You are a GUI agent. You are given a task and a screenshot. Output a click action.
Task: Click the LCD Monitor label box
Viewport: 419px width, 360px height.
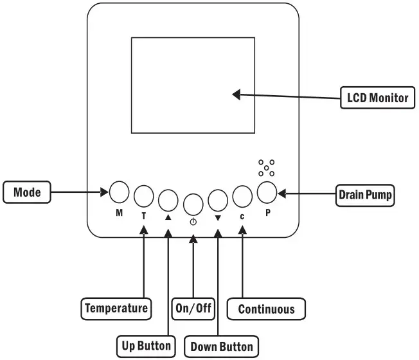pos(378,98)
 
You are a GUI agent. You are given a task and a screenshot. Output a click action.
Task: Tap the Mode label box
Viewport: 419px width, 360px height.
pos(27,192)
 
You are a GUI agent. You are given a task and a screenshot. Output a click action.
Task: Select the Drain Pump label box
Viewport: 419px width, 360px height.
pos(365,195)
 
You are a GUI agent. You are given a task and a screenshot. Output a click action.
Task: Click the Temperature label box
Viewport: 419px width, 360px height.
pos(116,309)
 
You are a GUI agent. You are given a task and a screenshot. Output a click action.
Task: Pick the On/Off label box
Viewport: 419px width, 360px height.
pos(193,309)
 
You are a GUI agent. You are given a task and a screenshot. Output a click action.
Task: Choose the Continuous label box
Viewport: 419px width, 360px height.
pos(266,309)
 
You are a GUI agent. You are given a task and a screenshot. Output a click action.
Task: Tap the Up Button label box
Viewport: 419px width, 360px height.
pos(146,346)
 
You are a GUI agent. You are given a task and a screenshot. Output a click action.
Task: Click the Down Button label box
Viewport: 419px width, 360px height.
pos(222,346)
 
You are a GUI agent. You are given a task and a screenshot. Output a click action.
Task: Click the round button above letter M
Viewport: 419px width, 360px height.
pos(119,192)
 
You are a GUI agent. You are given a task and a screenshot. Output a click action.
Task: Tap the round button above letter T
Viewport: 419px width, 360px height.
pos(144,196)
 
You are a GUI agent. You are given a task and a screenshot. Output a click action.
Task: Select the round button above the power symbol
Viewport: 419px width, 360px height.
pos(193,204)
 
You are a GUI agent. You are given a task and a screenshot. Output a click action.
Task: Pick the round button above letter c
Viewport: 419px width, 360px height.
pos(242,197)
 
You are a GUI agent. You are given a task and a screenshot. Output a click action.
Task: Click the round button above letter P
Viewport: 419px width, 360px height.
pos(267,192)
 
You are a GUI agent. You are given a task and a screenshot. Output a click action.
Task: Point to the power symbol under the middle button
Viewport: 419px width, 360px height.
pos(193,222)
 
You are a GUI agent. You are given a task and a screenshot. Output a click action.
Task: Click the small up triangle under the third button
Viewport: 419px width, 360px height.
pos(168,217)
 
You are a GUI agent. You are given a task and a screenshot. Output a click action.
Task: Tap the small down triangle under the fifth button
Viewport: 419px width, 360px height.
pos(218,218)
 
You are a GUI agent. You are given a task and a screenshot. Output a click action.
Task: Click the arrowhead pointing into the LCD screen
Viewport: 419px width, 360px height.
pos(236,94)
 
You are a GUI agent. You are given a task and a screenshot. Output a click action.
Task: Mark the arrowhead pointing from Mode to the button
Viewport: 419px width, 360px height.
pos(105,192)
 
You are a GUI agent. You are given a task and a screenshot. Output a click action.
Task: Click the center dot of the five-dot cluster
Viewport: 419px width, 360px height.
pos(267,168)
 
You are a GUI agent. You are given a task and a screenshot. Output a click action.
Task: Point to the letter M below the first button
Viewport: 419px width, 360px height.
pos(119,213)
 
